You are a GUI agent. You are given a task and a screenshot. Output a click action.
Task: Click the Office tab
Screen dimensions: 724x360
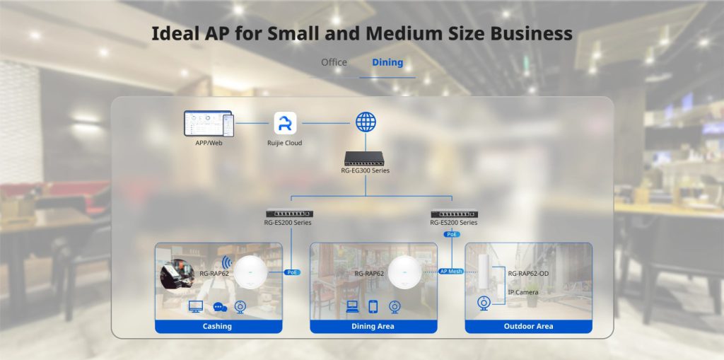point(334,62)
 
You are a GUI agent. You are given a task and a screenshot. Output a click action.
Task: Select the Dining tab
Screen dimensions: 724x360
point(387,62)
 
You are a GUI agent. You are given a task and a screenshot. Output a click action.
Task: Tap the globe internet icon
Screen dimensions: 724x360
point(366,122)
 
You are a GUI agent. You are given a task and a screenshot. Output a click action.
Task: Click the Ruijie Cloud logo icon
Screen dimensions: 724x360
point(285,123)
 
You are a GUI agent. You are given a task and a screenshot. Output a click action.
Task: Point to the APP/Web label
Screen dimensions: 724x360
point(209,144)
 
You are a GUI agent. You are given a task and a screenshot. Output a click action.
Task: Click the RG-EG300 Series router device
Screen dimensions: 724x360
point(364,158)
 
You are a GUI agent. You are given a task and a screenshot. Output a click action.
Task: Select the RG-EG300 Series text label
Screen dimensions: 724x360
point(365,170)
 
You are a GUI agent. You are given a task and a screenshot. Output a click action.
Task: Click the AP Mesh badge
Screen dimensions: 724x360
point(450,272)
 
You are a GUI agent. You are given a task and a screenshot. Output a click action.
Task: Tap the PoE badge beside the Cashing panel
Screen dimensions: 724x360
point(292,272)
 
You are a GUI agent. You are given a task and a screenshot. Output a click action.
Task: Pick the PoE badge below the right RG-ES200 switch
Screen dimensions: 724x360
point(452,234)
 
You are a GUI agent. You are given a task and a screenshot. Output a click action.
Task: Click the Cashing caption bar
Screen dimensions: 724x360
point(218,326)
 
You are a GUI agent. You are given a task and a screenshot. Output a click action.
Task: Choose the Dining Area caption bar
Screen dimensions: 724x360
point(373,326)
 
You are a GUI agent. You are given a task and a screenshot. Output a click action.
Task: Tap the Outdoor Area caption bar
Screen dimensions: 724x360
point(528,326)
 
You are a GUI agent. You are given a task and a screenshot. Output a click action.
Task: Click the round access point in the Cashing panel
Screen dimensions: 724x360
point(251,272)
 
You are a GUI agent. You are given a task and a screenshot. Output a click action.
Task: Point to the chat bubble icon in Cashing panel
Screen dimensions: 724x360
point(220,307)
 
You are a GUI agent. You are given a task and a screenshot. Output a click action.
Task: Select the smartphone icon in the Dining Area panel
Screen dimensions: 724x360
point(373,306)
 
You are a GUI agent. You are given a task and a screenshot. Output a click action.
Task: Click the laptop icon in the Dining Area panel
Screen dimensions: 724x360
point(352,306)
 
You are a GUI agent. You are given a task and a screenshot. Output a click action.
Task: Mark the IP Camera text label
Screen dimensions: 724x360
point(523,292)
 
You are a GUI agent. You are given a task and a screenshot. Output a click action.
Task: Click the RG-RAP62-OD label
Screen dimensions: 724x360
point(528,273)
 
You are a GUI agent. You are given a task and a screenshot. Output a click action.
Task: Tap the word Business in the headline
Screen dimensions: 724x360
point(531,33)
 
